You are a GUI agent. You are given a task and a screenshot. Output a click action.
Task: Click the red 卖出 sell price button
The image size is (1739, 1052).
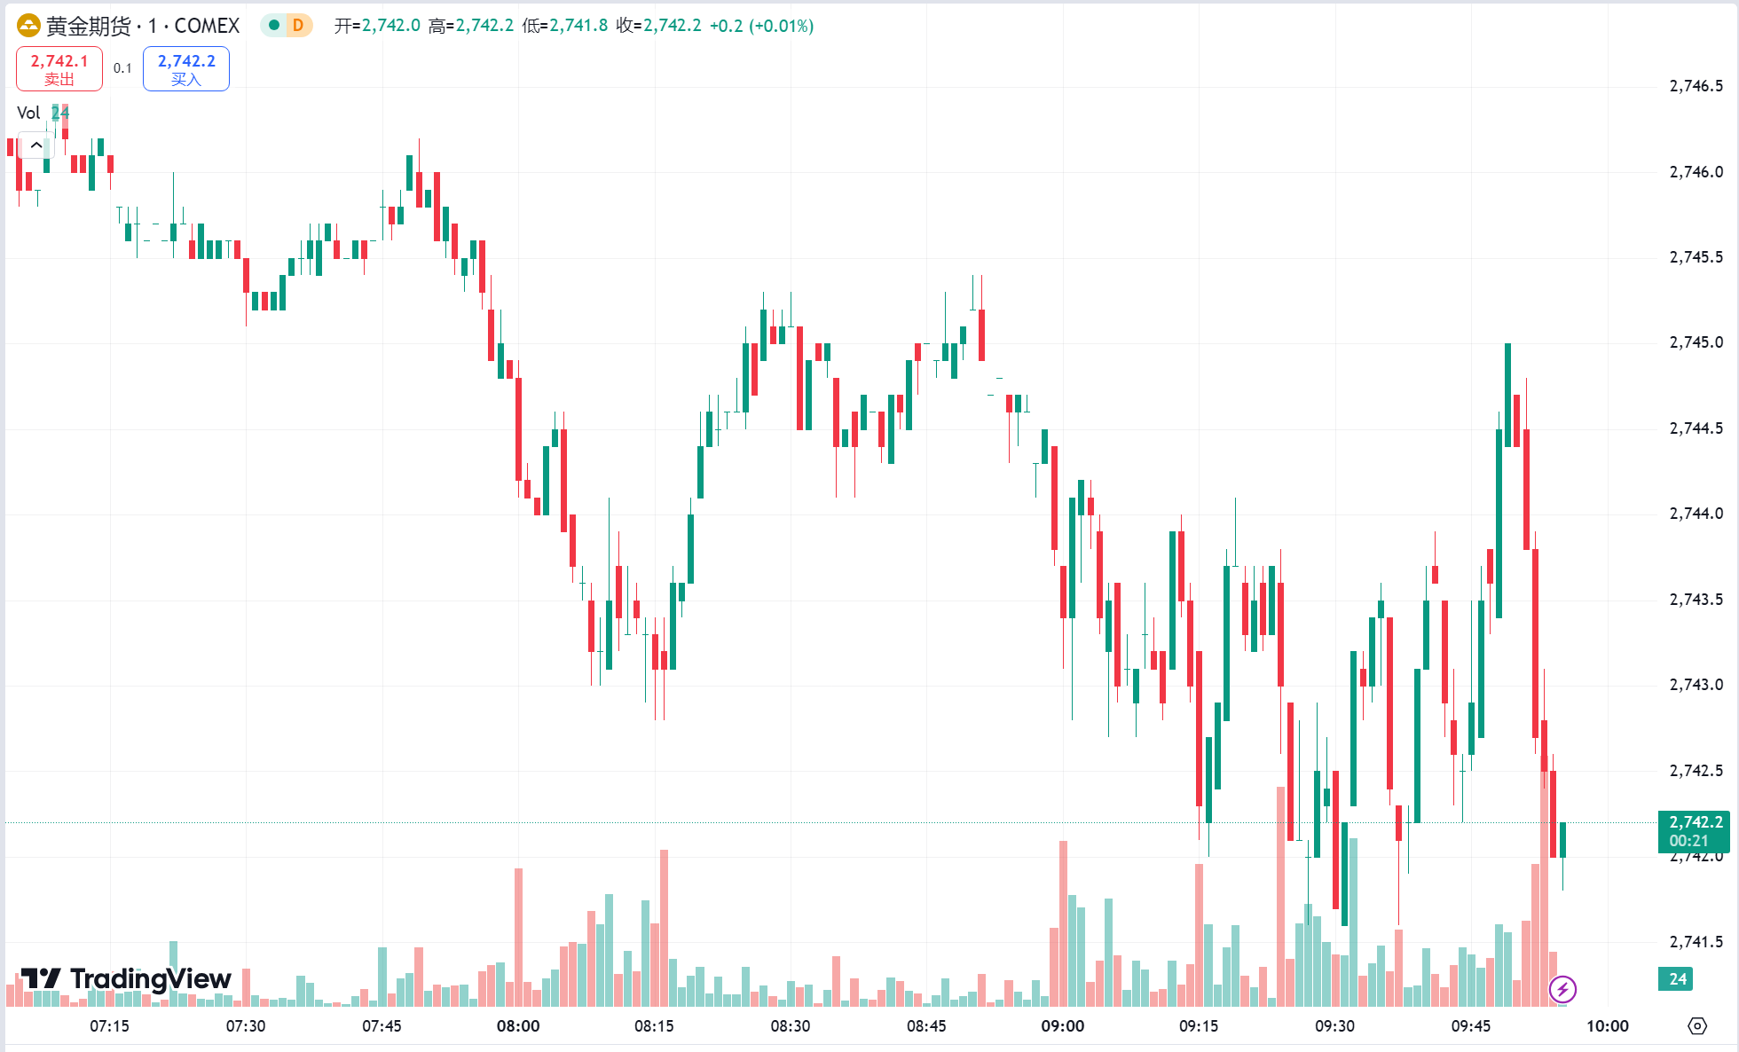pos(59,68)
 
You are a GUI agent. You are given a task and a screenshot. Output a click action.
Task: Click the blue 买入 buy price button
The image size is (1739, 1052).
pos(186,68)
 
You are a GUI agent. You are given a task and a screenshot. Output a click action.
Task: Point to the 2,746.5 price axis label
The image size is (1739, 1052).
pos(1696,86)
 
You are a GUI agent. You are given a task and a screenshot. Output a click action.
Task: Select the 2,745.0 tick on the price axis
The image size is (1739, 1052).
pos(1696,342)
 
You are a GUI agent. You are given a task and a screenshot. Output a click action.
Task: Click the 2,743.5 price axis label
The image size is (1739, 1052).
pos(1696,600)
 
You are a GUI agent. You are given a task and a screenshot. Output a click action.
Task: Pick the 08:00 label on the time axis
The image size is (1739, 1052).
pos(518,1026)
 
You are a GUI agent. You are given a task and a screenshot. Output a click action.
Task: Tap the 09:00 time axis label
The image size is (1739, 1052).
pos(1062,1026)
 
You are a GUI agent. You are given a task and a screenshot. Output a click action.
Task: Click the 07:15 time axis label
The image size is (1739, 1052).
pos(109,1026)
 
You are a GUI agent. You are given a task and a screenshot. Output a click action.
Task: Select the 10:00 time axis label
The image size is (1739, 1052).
pos(1607,1026)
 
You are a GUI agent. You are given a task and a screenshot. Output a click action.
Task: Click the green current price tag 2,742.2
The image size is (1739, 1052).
pos(1695,831)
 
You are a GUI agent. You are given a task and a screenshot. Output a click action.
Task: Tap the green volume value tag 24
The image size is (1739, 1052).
pos(1676,979)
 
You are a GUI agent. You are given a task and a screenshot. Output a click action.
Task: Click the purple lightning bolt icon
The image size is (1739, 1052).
pos(1562,988)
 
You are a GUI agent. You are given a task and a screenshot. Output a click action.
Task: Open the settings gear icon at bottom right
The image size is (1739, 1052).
pos(1696,1026)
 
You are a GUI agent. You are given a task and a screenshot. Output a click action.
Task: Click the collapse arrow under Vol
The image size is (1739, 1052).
pos(35,145)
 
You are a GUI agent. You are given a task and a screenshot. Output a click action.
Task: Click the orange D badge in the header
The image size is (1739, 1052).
pos(298,26)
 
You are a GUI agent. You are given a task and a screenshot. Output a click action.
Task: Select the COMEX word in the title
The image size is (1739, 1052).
pos(207,26)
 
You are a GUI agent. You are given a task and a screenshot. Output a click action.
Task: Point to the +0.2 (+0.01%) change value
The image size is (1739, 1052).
pos(761,26)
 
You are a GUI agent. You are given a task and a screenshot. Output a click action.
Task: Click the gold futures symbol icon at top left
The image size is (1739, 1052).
pos(28,26)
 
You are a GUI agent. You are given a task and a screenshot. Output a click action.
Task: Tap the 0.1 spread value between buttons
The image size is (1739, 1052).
pos(122,68)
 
